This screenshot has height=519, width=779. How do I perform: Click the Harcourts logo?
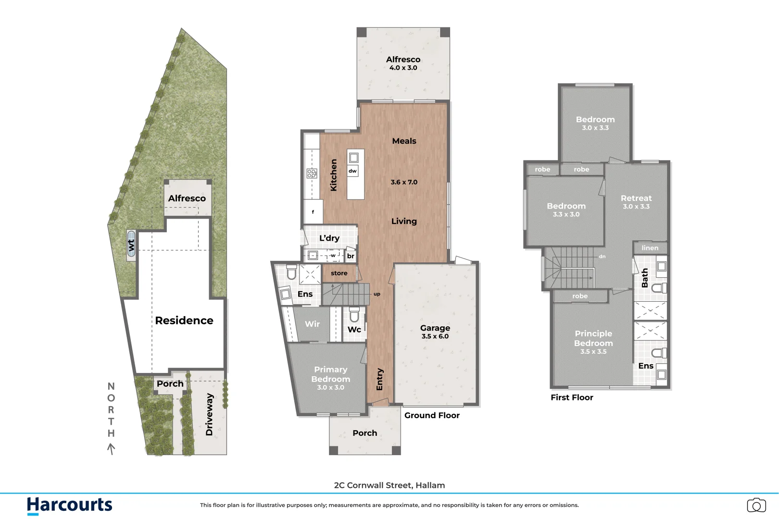(x=69, y=505)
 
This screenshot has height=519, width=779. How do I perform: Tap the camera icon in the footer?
(x=756, y=505)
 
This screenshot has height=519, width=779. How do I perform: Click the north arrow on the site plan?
(x=111, y=449)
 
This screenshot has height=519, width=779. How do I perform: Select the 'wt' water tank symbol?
(x=131, y=245)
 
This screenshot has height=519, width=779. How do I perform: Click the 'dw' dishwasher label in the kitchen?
(x=352, y=171)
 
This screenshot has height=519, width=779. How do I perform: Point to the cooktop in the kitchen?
(x=312, y=173)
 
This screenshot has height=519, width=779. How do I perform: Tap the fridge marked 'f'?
(x=313, y=212)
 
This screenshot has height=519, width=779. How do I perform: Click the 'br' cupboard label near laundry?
(x=351, y=256)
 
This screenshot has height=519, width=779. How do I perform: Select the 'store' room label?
(x=339, y=273)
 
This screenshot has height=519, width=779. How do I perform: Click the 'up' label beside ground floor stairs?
(x=377, y=294)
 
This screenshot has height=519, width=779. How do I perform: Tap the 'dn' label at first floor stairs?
(x=602, y=257)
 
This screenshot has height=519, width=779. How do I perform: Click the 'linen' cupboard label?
(x=650, y=248)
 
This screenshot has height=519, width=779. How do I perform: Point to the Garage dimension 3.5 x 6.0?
(x=435, y=336)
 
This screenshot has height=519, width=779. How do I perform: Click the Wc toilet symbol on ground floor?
(x=354, y=315)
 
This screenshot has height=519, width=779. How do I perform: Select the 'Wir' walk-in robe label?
(x=312, y=324)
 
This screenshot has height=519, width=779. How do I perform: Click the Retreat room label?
(x=636, y=198)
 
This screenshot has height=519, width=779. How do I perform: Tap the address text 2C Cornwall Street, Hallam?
(x=389, y=485)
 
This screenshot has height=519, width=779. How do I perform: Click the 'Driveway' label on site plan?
(x=209, y=414)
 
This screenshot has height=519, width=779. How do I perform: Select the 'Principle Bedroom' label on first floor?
(x=593, y=338)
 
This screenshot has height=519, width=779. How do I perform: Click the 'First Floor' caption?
(x=572, y=397)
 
